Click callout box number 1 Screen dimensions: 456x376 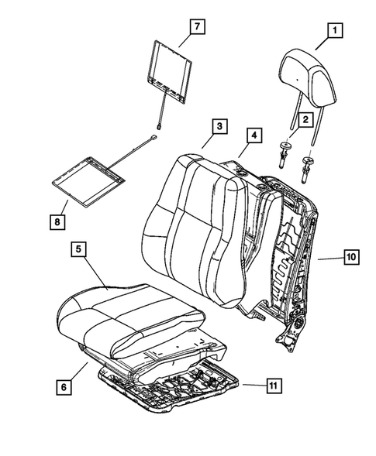(335, 31)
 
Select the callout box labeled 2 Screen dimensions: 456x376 (305, 119)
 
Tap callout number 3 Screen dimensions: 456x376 (220, 125)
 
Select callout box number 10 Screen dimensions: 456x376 (350, 256)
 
